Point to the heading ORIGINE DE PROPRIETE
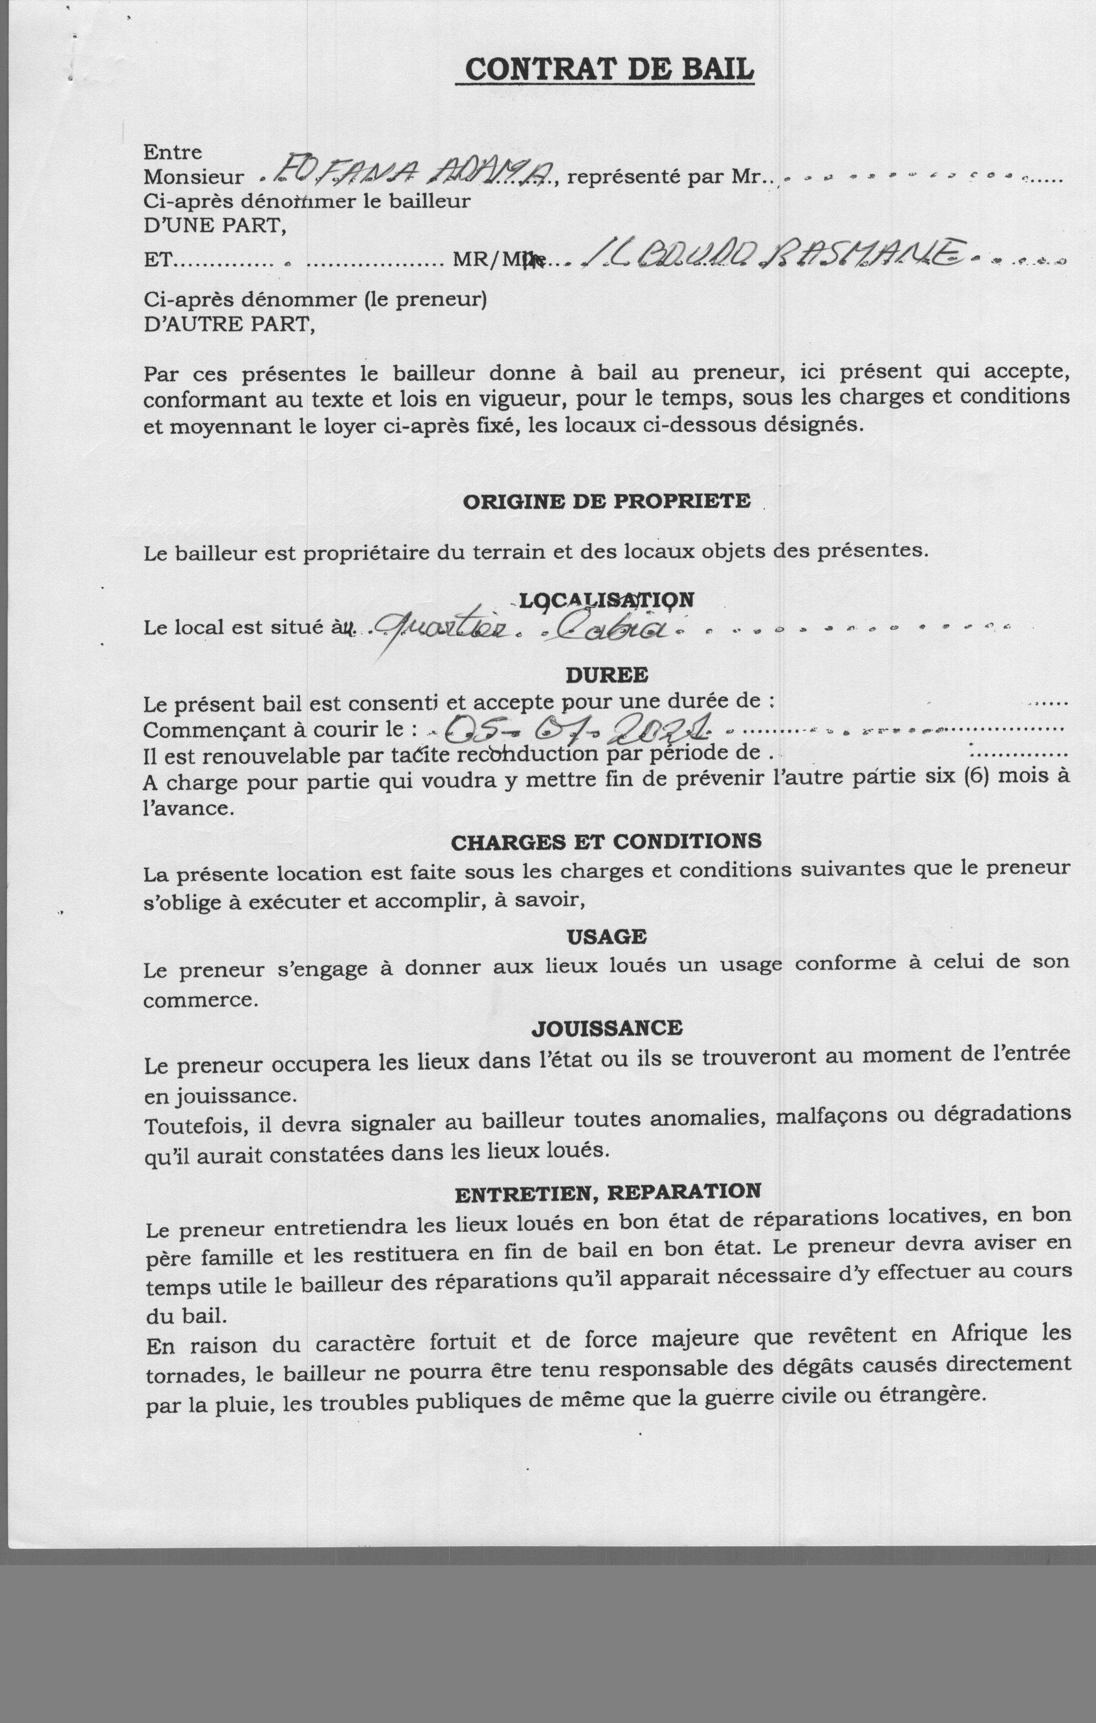click(607, 501)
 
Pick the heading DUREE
click(607, 675)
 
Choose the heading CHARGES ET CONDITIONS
click(606, 841)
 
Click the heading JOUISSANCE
click(607, 1028)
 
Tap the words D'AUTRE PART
click(229, 324)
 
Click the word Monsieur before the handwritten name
click(193, 177)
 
